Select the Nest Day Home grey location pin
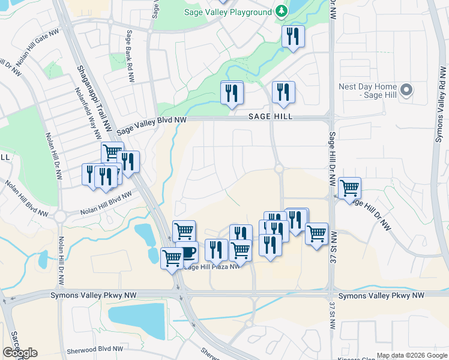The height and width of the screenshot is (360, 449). click(x=407, y=90)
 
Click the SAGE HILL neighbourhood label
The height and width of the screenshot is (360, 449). click(x=271, y=116)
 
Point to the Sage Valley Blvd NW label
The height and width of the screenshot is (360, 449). click(x=151, y=124)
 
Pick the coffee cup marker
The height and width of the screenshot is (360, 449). click(x=188, y=252)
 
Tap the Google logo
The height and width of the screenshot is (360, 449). click(x=20, y=353)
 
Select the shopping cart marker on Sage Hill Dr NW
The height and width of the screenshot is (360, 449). click(x=349, y=188)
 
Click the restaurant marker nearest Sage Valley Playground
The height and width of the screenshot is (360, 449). click(x=293, y=37)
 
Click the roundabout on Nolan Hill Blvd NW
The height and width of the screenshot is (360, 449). click(x=60, y=216)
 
